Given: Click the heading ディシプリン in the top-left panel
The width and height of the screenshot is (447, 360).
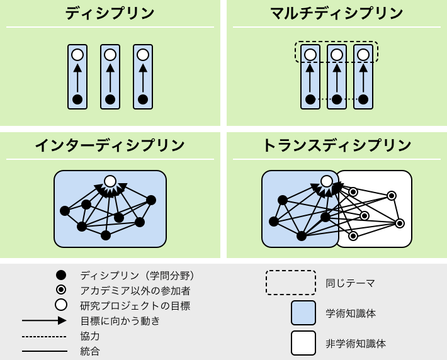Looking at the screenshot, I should [110, 13].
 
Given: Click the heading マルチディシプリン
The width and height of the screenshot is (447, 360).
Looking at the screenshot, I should [336, 13].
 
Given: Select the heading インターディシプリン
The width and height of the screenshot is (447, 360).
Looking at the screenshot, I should [110, 145].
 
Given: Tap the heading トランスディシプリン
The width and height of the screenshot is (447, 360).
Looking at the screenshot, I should [336, 145].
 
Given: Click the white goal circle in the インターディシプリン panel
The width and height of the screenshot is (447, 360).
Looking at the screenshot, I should [110, 181].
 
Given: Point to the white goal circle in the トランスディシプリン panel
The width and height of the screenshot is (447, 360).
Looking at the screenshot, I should [326, 181].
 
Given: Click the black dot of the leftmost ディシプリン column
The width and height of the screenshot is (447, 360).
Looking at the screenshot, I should [77, 99].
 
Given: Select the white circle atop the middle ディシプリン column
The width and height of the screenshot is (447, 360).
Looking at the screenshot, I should [110, 55].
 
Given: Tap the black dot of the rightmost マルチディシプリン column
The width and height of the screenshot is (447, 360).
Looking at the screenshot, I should [363, 99].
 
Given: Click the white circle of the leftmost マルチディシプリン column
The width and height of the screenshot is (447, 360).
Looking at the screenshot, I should [310, 55].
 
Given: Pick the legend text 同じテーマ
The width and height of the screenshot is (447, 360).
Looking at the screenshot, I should [350, 283].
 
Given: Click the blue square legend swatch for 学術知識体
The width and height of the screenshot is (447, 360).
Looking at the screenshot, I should [303, 313].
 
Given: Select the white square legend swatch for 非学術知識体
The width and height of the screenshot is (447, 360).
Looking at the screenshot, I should [303, 343].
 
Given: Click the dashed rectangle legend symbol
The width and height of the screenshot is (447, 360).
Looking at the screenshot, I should [290, 283].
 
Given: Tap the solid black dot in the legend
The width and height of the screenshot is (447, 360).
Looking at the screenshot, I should [61, 275].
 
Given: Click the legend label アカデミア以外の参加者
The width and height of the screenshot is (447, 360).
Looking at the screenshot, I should [135, 290].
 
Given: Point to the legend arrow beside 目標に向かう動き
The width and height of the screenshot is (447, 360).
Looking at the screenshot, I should [44, 320].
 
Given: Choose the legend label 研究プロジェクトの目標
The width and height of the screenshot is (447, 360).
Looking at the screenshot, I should [135, 306].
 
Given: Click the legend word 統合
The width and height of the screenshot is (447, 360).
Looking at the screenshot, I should [90, 351].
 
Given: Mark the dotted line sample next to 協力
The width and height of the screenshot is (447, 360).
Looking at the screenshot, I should [44, 336].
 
